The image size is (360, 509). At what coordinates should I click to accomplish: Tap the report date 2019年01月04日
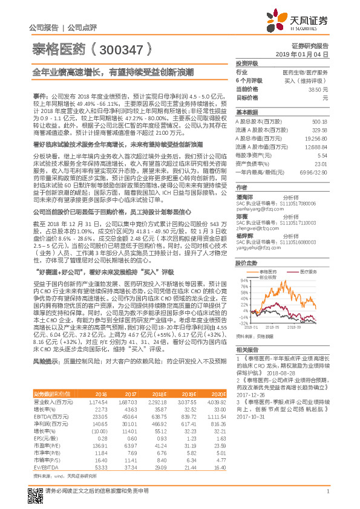pos(306,54)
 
